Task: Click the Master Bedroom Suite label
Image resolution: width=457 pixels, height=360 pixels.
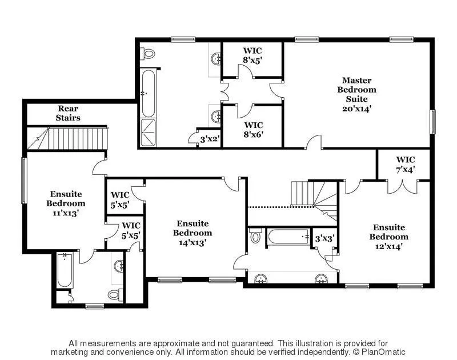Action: pos(356,94)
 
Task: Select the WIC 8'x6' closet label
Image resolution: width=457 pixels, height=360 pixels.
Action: pos(254,130)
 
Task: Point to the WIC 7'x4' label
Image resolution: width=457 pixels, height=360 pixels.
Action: pos(405,164)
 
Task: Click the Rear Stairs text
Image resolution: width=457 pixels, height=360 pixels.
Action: pos(68,113)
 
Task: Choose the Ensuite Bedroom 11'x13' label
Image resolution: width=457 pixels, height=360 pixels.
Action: pos(66,203)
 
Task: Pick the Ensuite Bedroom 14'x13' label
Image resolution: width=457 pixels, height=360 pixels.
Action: pos(193,233)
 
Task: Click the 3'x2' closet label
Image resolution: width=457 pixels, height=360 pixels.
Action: pos(210,138)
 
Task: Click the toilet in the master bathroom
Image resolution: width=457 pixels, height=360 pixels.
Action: pos(149,54)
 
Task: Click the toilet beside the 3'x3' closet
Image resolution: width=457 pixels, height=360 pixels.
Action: pos(255,235)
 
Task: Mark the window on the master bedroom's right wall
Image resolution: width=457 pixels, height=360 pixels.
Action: pos(432,122)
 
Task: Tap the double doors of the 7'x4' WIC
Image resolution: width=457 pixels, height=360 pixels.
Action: pos(404,186)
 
